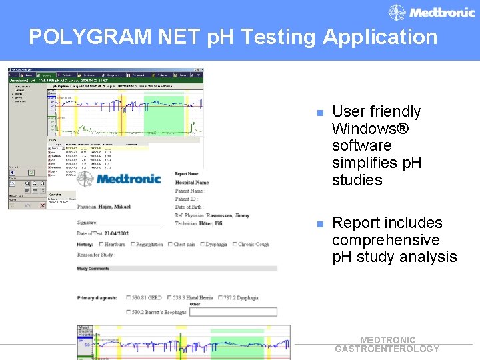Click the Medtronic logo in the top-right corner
(x=432, y=13)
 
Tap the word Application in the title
(x=380, y=37)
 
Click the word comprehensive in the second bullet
(x=385, y=240)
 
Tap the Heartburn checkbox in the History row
(x=100, y=245)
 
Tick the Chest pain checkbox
(x=169, y=245)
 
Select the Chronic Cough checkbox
(x=234, y=245)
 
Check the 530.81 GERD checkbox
(x=128, y=298)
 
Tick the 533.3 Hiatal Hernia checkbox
(x=169, y=298)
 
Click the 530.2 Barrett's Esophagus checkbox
(x=128, y=312)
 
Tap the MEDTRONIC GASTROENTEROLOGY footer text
(x=387, y=344)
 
